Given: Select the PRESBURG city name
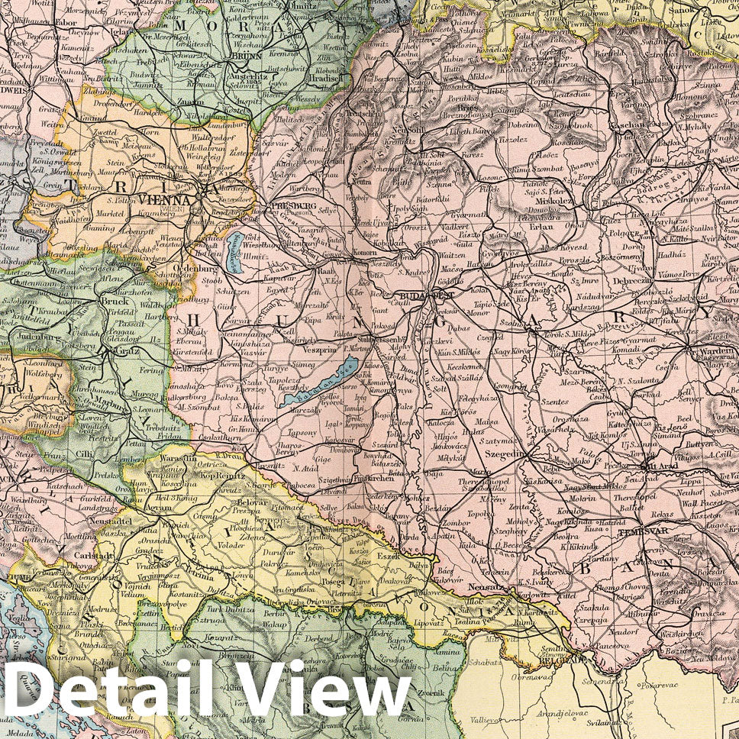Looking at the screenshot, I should tap(295, 205).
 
